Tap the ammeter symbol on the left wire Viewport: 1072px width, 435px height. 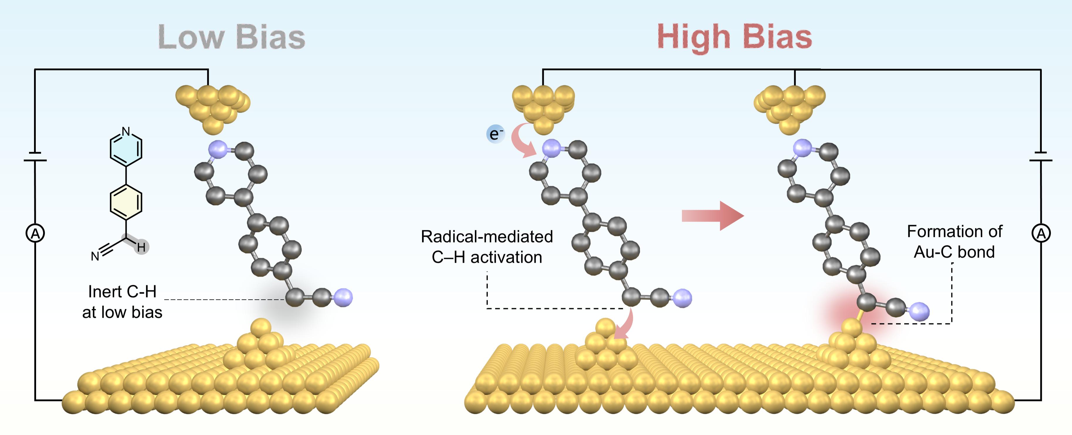tap(35, 233)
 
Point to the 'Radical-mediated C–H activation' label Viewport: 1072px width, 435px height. tap(487, 247)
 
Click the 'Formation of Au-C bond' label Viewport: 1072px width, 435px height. tap(954, 242)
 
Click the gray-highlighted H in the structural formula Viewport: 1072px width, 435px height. tap(141, 247)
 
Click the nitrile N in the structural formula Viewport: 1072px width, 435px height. tap(95, 256)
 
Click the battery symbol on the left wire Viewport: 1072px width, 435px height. tap(35, 157)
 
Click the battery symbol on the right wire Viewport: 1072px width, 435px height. tap(1041, 157)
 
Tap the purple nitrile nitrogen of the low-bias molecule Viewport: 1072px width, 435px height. tap(343, 298)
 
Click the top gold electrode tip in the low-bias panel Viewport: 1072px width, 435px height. tap(213, 108)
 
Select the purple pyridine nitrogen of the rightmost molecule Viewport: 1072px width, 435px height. tap(802, 148)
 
